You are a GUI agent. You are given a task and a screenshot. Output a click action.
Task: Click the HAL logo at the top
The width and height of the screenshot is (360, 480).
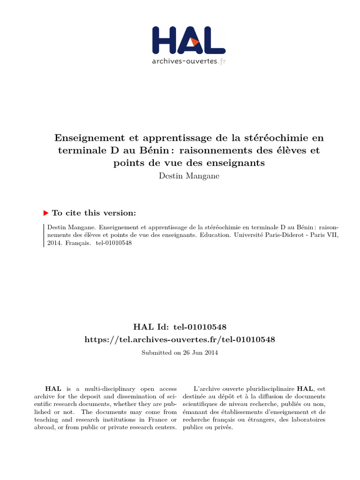(x=189, y=40)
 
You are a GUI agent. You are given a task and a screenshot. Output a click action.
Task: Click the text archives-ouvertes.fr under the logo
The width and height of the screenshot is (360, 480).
(x=189, y=61)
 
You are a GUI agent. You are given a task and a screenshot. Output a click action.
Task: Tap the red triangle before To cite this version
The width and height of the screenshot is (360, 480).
(x=46, y=213)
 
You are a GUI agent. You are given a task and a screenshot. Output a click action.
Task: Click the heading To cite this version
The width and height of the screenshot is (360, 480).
(x=94, y=213)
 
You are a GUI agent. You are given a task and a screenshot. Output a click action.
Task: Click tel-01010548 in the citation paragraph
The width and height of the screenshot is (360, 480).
(x=114, y=243)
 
